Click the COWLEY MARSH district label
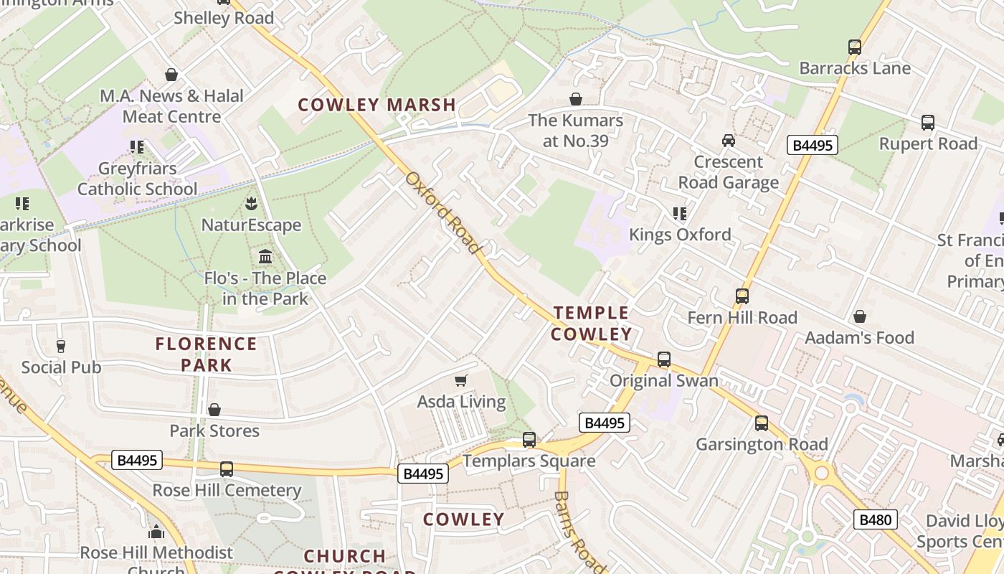[376, 105]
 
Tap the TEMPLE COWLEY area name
[592, 323]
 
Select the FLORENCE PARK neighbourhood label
[207, 354]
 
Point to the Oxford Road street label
[442, 212]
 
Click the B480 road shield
[875, 519]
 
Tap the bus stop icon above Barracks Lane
[854, 47]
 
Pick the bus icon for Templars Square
[529, 440]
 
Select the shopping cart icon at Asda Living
[461, 380]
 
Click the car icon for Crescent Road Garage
[729, 141]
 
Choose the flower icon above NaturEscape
[251, 204]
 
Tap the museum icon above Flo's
[265, 257]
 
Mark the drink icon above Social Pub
[61, 347]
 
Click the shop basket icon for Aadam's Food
[859, 316]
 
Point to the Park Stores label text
[214, 430]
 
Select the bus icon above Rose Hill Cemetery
[227, 469]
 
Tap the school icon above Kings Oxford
[679, 213]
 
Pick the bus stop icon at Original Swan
[664, 359]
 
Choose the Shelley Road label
[224, 18]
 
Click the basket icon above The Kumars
[575, 99]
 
